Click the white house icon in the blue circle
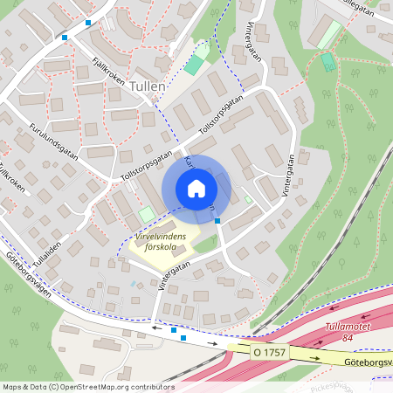(x=196, y=188)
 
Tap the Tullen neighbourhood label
(x=147, y=87)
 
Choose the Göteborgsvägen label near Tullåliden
(x=26, y=281)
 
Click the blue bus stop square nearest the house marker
(x=217, y=221)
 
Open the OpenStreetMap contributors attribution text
(x=87, y=386)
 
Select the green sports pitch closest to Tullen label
(x=193, y=66)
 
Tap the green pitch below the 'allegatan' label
(x=327, y=62)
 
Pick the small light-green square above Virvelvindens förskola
(x=147, y=213)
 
